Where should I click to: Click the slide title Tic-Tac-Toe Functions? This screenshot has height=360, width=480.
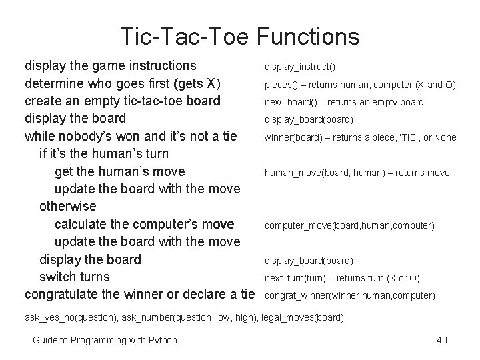(x=240, y=36)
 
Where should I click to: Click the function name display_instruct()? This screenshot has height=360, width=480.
(x=300, y=67)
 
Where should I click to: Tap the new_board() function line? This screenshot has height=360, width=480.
(x=344, y=103)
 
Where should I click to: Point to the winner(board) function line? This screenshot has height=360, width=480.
(x=360, y=138)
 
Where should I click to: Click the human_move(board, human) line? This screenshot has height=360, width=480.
(x=357, y=173)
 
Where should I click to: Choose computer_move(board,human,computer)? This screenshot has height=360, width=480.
(x=349, y=226)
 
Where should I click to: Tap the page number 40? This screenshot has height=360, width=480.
(x=441, y=341)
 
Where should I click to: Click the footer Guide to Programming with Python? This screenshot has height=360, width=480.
(x=105, y=341)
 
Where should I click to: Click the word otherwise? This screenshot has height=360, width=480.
(x=68, y=207)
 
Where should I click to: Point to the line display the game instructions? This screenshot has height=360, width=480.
(x=111, y=66)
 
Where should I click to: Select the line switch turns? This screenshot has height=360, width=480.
(x=75, y=277)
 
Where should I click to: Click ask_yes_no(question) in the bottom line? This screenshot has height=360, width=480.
(x=72, y=318)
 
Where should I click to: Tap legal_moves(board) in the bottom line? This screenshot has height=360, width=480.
(x=303, y=318)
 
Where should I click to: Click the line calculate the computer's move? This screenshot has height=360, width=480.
(x=144, y=224)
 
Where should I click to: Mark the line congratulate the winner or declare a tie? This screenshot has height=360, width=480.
(x=140, y=294)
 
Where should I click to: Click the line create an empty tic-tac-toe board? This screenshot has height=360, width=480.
(x=123, y=101)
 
